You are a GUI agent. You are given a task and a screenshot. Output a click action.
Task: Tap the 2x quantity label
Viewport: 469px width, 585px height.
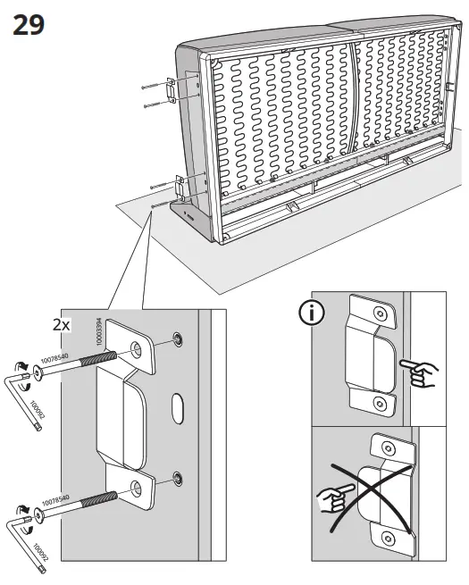pyautogui.click(x=61, y=325)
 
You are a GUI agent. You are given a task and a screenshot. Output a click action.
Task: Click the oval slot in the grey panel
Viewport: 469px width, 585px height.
pyautogui.click(x=179, y=406)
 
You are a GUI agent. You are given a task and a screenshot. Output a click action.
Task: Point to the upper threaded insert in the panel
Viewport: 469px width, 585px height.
pyautogui.click(x=177, y=339)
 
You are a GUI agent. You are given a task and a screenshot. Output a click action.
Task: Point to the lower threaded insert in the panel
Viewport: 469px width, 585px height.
pyautogui.click(x=177, y=475)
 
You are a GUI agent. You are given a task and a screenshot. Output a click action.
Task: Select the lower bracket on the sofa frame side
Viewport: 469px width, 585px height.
pyautogui.click(x=181, y=188)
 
